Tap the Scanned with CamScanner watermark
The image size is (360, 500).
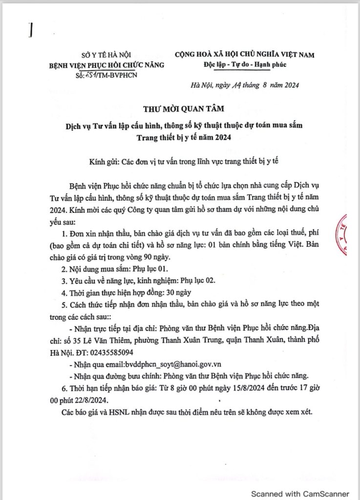[300, 493]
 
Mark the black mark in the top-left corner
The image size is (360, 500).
[30, 31]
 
